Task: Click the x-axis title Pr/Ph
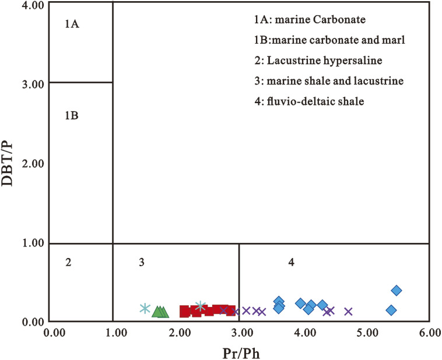(x=240, y=352)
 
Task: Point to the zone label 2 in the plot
(x=68, y=263)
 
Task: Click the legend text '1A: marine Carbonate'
(x=310, y=20)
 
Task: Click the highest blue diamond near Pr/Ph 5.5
(x=397, y=291)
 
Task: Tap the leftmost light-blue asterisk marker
(x=145, y=308)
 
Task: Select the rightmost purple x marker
(x=349, y=312)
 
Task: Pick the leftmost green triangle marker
(x=156, y=312)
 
